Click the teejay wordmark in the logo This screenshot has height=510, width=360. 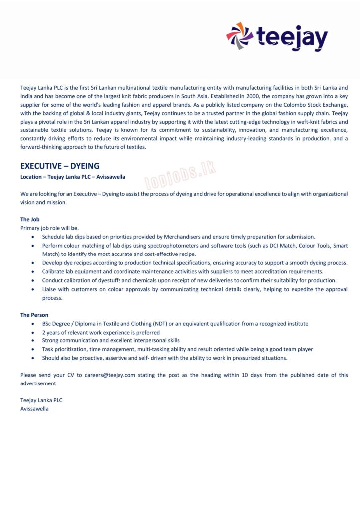[x=292, y=38]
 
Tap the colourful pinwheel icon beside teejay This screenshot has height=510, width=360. [x=240, y=36]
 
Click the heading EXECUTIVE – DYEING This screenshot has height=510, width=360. [x=60, y=166]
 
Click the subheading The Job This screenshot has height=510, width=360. [x=30, y=219]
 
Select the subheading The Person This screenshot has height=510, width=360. [x=34, y=315]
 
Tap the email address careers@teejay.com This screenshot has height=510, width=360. [x=110, y=375]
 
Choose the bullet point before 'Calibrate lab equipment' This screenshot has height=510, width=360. [x=33, y=272]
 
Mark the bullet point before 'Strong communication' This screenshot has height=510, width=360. [x=33, y=341]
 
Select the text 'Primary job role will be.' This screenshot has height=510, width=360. [x=49, y=228]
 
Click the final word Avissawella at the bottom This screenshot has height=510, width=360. [x=34, y=409]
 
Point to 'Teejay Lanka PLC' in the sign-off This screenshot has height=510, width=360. [x=41, y=400]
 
